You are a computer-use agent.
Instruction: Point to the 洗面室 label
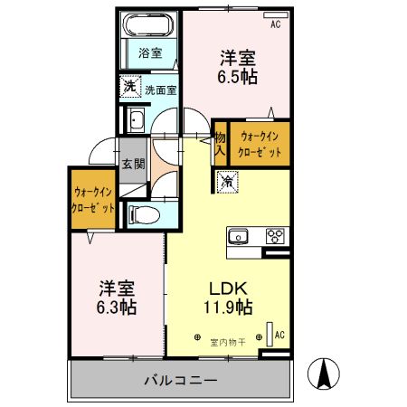[x=160, y=90]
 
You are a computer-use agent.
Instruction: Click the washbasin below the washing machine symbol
[x=137, y=120]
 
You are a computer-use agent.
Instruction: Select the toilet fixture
[x=145, y=213]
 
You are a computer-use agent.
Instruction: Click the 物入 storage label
[x=219, y=144]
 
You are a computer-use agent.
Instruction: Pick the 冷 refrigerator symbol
[x=226, y=181]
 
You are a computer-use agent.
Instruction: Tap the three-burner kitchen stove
[x=273, y=237]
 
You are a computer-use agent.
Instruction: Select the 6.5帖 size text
[x=237, y=77]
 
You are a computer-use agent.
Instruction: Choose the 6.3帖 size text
[x=117, y=308]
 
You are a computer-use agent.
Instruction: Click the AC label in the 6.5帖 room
[x=275, y=24]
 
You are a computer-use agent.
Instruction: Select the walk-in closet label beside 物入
[x=260, y=144]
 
